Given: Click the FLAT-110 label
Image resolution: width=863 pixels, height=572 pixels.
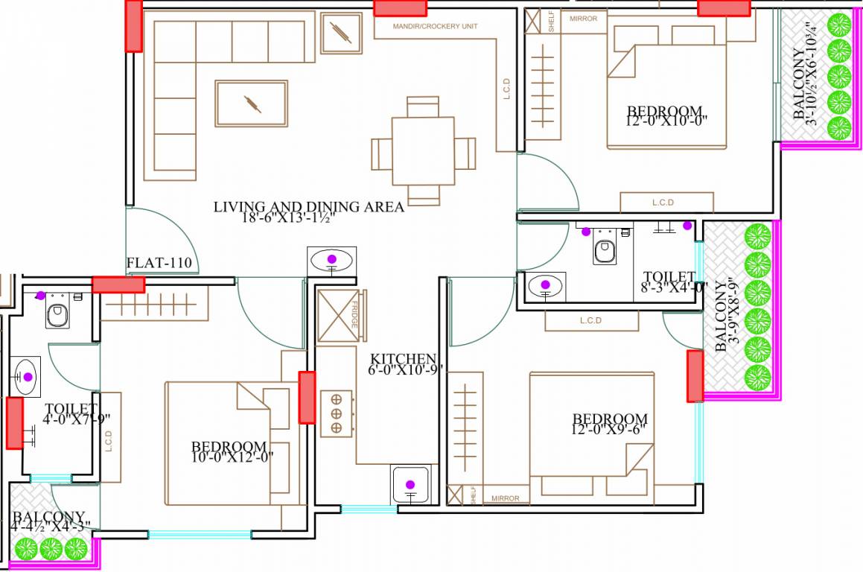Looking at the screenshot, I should coord(159,263).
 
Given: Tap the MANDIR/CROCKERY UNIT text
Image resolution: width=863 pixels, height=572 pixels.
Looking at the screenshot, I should coord(436,26).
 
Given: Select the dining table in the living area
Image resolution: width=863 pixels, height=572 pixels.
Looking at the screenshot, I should coord(423,151).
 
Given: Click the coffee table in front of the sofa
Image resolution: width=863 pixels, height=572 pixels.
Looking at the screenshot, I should coord(251,103).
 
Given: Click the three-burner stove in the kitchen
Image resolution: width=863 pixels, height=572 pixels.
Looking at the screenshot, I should coord(336,413).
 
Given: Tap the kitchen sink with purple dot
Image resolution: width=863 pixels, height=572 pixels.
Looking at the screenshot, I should coord(410,485).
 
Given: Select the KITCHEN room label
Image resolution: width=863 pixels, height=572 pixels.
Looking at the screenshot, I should coord(403,358).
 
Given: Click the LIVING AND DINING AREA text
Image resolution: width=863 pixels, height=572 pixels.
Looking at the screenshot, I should coord(308,207).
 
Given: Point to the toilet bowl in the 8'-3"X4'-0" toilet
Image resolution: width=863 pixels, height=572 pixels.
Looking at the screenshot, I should coord(605,248).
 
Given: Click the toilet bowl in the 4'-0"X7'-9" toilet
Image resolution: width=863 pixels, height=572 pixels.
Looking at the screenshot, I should coord(57,313).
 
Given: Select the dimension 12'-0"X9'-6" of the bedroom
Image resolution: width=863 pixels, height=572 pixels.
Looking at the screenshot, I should coord(609,430).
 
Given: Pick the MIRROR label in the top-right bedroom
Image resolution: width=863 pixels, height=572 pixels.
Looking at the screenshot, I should coord(583,19).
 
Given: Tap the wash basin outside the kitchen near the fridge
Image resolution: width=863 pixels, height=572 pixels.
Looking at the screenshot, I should coord(331,261).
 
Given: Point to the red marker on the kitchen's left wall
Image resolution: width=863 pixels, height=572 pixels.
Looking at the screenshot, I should coord(306,397).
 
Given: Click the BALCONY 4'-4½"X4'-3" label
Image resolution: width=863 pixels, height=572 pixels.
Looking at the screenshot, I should coord(49,521).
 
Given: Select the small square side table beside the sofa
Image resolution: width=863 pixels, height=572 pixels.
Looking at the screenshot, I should coord(341,33).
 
